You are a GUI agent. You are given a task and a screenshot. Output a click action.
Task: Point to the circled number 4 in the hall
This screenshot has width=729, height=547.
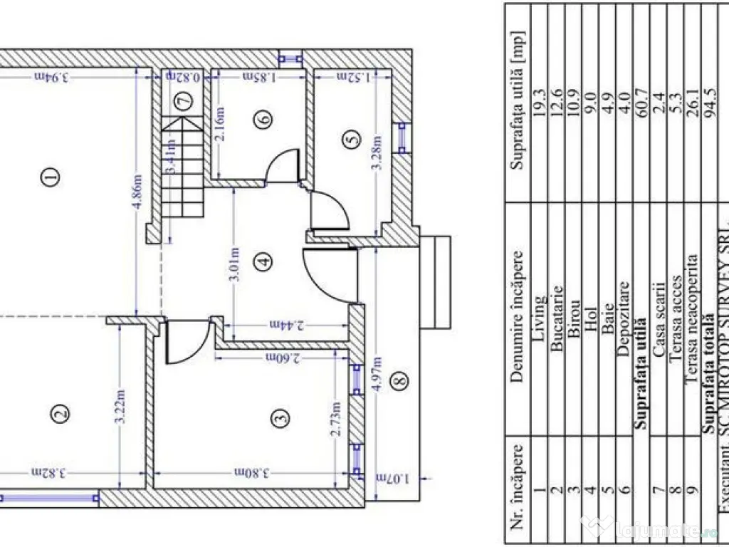(x=265, y=261)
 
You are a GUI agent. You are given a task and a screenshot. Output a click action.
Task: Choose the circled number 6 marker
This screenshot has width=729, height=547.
(x=265, y=120)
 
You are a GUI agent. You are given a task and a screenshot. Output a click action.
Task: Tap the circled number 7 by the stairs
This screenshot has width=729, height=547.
(x=184, y=101)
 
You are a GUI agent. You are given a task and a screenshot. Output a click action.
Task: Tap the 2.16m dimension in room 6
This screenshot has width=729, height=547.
(x=220, y=125)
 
